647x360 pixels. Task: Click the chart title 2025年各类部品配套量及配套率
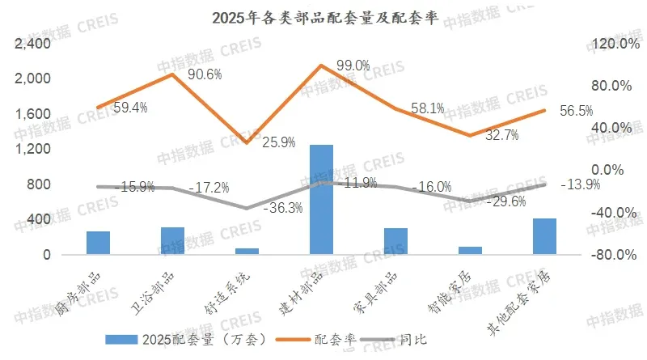point(323,18)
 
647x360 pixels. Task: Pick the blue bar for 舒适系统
point(247,252)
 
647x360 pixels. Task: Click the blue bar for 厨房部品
point(98,243)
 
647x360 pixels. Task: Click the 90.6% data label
point(205,74)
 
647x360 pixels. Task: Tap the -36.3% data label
point(283,208)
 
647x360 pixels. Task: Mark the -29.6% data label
point(508,201)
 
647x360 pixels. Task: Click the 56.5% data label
point(576,111)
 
